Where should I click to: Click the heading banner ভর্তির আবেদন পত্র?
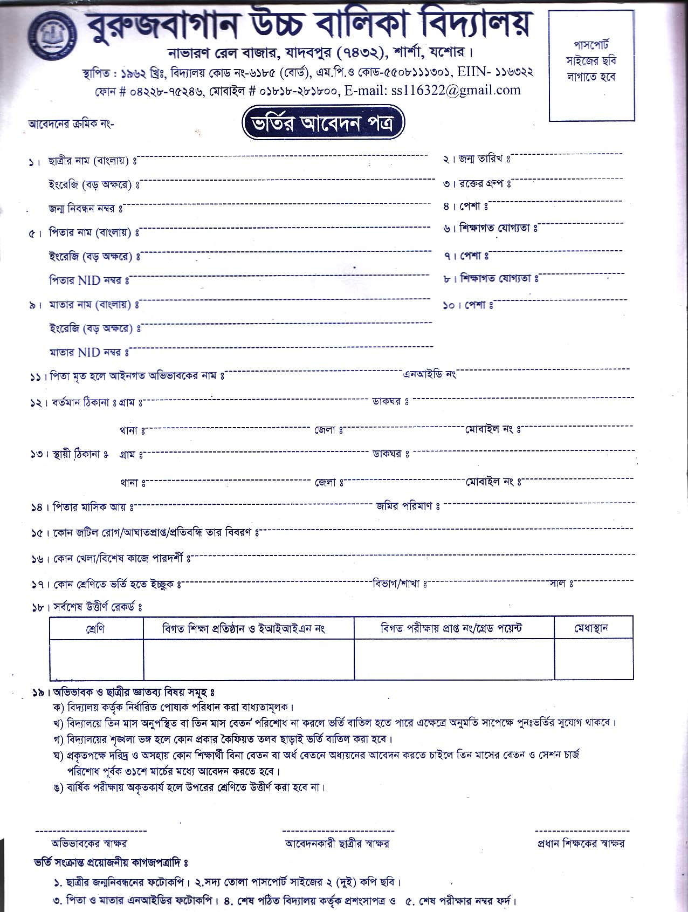tap(323, 124)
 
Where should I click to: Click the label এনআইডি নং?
tap(430, 374)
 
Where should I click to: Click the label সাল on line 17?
tap(558, 584)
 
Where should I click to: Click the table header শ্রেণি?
tap(95, 628)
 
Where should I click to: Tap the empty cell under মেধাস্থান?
tap(593, 659)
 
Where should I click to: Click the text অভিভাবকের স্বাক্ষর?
tap(90, 844)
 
